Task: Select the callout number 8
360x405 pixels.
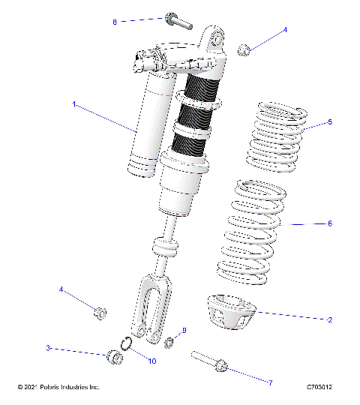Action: pos(115,22)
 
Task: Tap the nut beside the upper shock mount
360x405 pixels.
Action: pos(243,50)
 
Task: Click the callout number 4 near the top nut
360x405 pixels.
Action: pos(285,31)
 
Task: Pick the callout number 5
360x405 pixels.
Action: pos(328,121)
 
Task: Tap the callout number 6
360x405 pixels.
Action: pos(329,223)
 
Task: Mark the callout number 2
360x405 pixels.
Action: pos(329,319)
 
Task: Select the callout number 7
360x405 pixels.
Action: pos(270,382)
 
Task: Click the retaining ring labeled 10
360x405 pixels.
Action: pos(127,345)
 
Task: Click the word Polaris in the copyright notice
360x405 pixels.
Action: pos(48,388)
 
